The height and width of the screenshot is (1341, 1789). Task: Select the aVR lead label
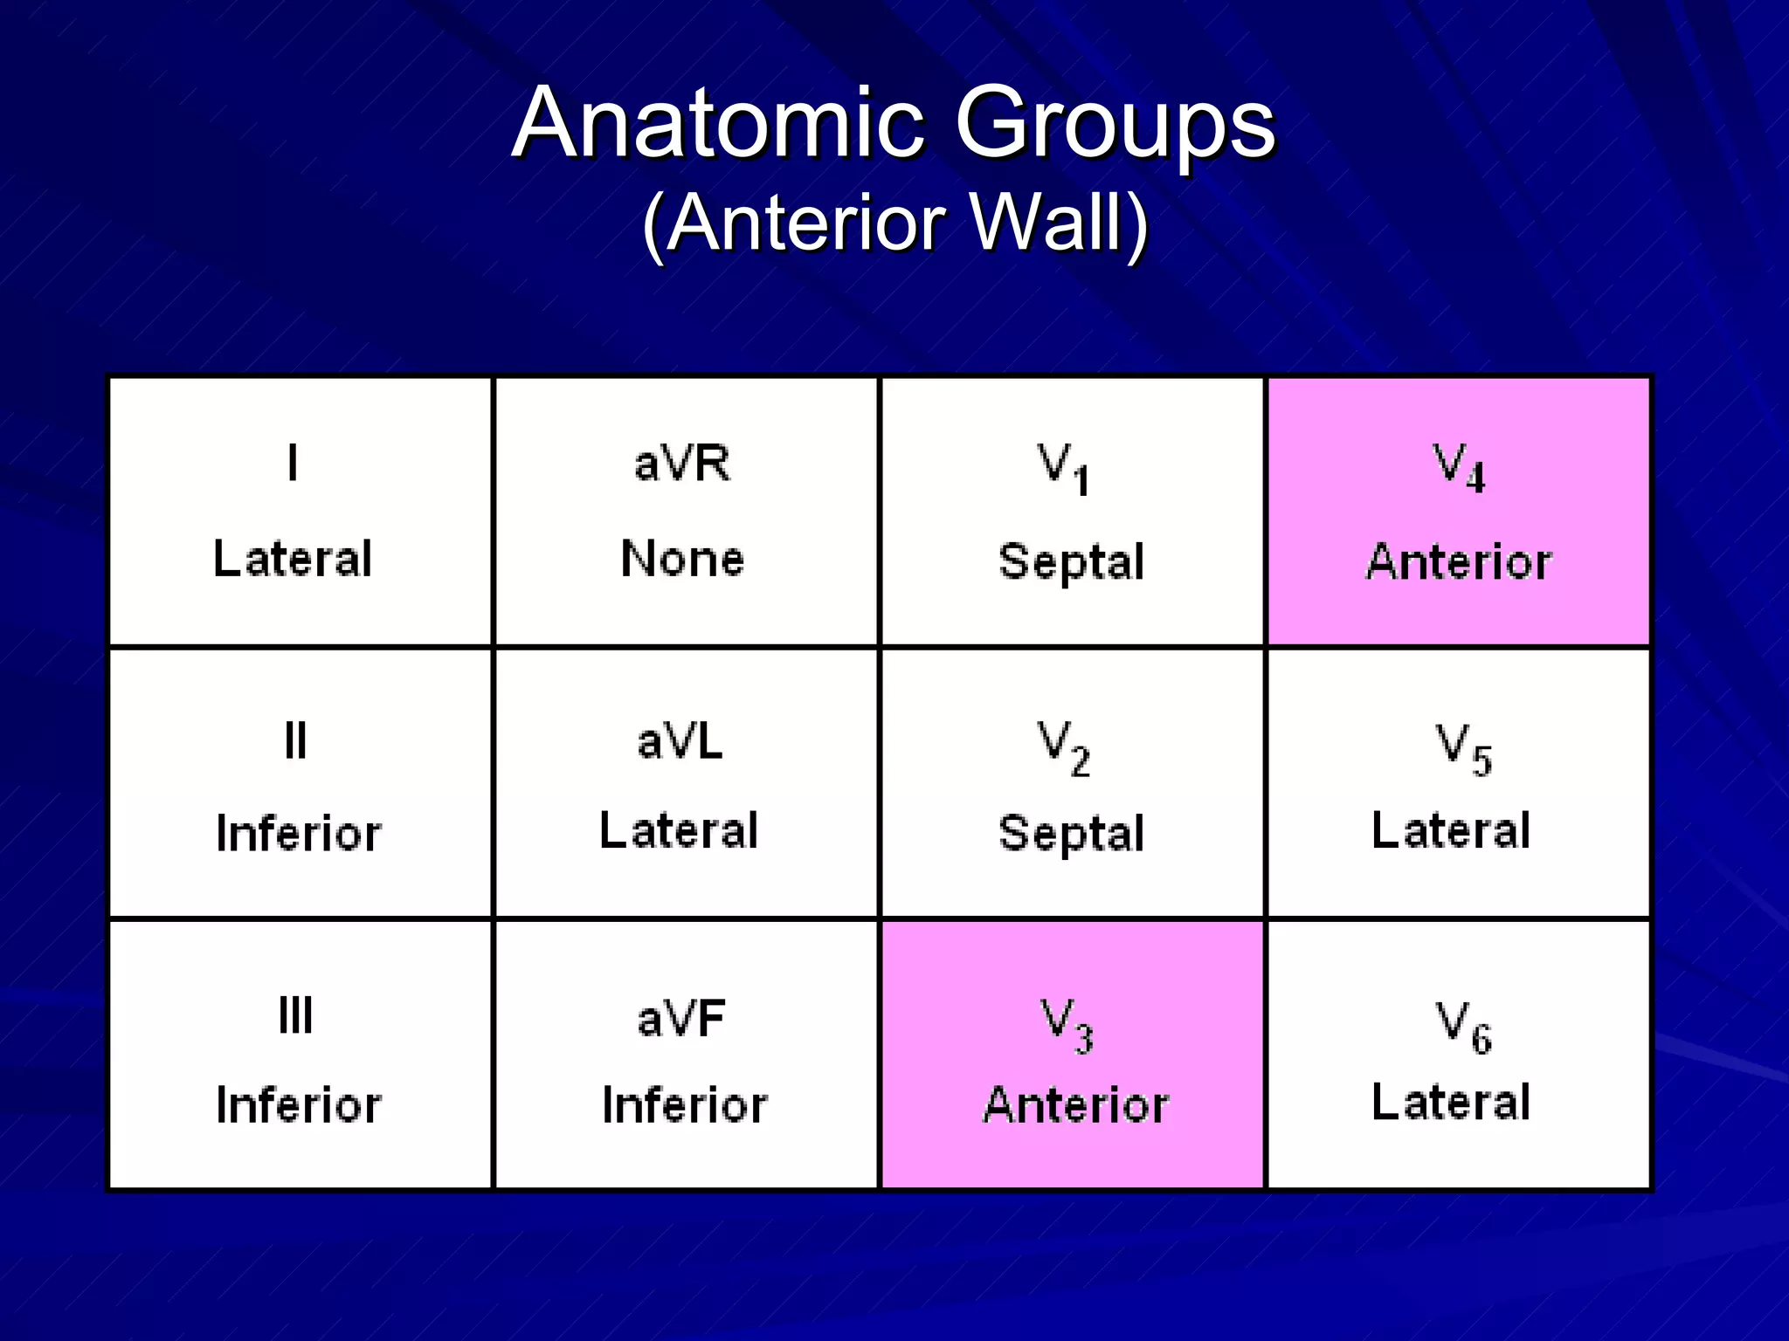[x=682, y=463]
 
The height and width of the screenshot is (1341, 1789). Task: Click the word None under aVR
[x=682, y=559]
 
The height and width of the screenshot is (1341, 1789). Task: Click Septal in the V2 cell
[x=1071, y=832]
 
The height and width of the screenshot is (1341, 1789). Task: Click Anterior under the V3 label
[x=1075, y=1105]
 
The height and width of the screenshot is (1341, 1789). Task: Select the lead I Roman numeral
[x=293, y=463]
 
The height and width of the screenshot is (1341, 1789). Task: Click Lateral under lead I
[x=293, y=559]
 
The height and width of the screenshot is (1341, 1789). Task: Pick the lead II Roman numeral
[x=295, y=741]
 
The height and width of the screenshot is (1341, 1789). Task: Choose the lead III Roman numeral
[x=295, y=1015]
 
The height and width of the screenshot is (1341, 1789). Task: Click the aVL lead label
[x=680, y=742]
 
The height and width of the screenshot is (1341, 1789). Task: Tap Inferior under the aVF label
[x=685, y=1105]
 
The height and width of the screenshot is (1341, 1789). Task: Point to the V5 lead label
[x=1463, y=749]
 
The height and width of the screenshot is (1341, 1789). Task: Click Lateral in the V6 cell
[x=1451, y=1102]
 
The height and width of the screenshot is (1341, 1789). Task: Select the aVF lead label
[x=681, y=1018]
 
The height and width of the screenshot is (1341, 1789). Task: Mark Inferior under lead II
[x=299, y=833]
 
